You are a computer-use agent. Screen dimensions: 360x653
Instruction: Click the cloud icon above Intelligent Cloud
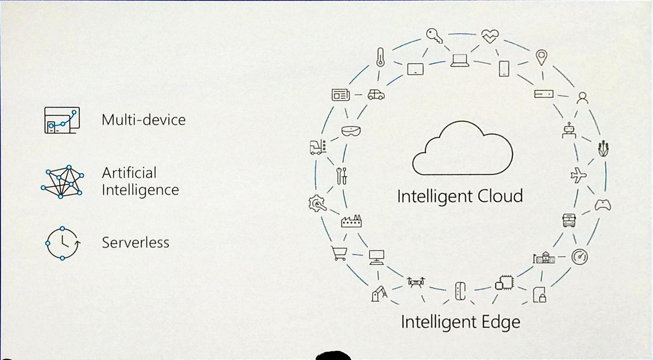point(463,148)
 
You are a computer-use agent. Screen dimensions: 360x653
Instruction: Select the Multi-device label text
point(144,119)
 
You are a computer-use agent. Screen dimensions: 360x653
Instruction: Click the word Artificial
point(129,173)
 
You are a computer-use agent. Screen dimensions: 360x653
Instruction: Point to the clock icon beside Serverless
point(63,243)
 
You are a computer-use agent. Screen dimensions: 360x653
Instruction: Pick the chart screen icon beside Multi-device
point(60,120)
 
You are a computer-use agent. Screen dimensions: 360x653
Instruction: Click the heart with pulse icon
point(489,37)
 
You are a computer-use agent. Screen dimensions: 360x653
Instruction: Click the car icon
point(375,94)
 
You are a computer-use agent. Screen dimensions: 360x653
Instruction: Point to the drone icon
point(416,283)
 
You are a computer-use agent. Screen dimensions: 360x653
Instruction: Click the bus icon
point(569,220)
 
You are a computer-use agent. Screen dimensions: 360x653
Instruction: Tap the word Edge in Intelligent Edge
point(500,321)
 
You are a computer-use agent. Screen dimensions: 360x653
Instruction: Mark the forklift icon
point(317,147)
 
